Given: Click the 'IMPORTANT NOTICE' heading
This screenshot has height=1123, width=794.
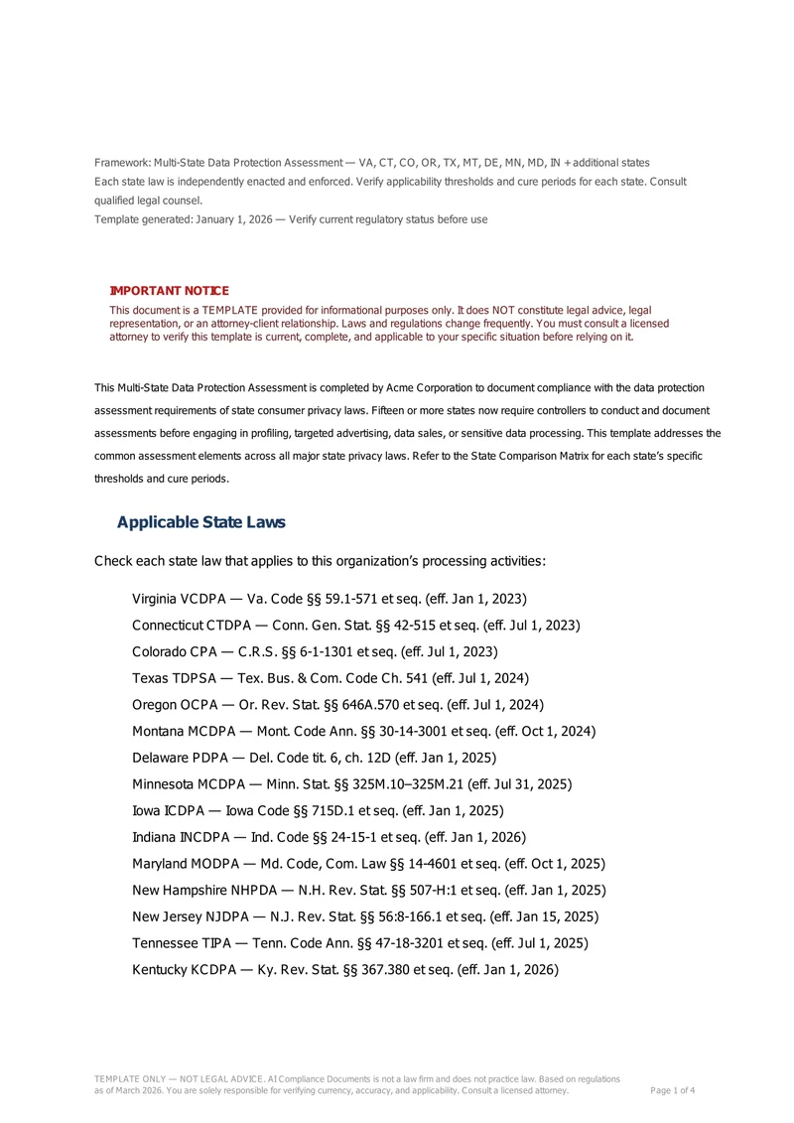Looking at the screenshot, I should point(169,291).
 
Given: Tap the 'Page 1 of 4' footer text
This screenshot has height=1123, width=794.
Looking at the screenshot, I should point(672,1090).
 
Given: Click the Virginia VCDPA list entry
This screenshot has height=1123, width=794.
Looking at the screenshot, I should point(329,599).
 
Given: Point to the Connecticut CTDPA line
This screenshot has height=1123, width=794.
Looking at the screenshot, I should point(355,626).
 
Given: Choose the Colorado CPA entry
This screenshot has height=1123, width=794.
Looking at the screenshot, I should point(315,651).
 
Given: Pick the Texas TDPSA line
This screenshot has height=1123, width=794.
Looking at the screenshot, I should point(330,678).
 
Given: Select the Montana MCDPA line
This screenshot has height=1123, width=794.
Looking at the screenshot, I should point(363,732).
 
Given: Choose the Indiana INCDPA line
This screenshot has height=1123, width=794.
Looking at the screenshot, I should point(329,837).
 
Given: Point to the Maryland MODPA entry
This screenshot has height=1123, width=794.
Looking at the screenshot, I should point(368,864).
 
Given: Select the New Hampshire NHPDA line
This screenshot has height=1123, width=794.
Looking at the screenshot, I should point(368,891).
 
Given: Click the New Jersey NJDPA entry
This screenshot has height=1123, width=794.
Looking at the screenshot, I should point(365,916).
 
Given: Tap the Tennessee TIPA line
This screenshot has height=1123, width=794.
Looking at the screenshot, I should point(360,943).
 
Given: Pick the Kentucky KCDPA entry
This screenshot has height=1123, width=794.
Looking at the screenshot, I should point(345,970).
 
